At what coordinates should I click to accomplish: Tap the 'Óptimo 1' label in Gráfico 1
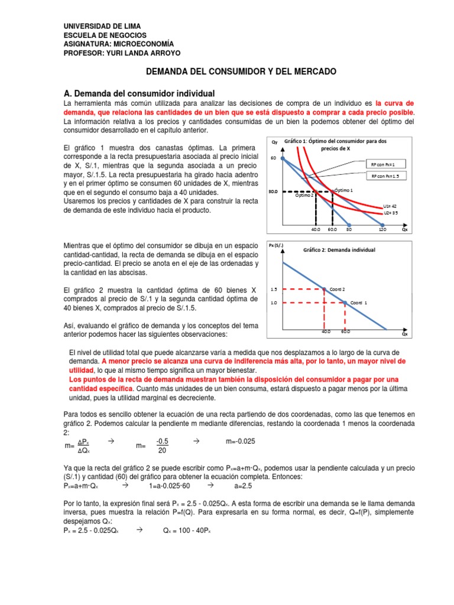click(x=343, y=190)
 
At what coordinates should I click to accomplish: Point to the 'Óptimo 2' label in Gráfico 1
click(x=305, y=196)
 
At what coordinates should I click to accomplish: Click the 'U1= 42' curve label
click(x=390, y=206)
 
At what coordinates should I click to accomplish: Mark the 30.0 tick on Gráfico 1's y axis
click(x=273, y=191)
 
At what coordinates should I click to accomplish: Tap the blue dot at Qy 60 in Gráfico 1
click(x=283, y=158)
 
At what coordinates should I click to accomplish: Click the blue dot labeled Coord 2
click(x=324, y=289)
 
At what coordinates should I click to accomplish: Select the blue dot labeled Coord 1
click(x=345, y=302)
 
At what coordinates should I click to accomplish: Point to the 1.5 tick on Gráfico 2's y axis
click(x=274, y=290)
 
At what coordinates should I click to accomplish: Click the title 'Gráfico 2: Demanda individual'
click(x=339, y=250)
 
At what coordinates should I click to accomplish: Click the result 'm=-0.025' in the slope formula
click(x=241, y=442)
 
